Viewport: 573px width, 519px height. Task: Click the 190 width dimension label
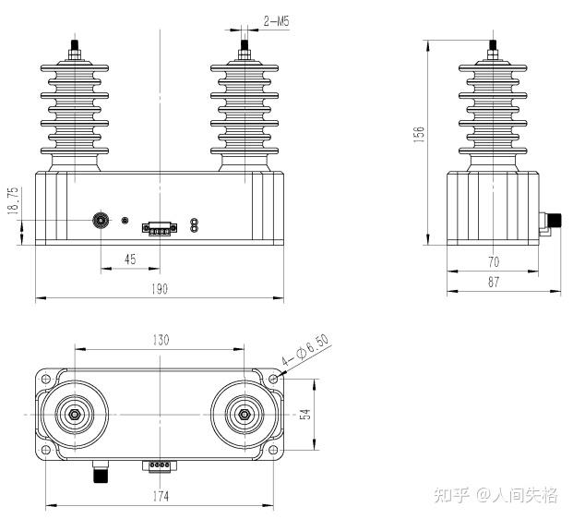click(160, 289)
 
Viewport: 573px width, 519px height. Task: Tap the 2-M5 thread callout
click(276, 21)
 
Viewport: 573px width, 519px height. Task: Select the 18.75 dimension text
click(13, 200)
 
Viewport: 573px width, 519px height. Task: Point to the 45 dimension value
click(130, 259)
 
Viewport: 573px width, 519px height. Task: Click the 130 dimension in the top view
click(161, 340)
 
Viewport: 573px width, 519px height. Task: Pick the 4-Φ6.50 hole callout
click(304, 350)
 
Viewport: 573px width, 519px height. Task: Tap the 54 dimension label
click(305, 415)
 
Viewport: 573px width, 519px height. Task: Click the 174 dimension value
click(161, 496)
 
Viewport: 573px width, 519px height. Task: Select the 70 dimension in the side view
click(494, 262)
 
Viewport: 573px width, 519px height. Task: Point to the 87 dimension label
click(494, 282)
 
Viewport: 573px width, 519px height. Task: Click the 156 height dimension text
click(419, 134)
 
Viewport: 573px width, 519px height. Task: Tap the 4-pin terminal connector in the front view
click(160, 229)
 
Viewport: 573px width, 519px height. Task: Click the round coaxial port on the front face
click(101, 220)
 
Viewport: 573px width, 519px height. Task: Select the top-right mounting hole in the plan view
click(273, 379)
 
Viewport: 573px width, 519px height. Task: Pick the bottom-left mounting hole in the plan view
click(46, 450)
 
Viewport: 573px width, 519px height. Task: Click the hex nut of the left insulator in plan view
click(75, 415)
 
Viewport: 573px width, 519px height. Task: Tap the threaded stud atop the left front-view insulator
click(75, 45)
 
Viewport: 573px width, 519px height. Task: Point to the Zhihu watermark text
click(495, 495)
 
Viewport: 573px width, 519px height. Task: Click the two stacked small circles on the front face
click(194, 224)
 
